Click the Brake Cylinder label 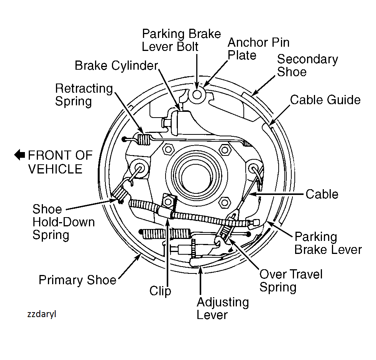coord(116,65)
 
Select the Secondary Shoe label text coord(307,65)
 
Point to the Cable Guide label coord(325,100)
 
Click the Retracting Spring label coord(84,95)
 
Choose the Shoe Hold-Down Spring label coord(63,222)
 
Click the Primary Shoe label coord(77,280)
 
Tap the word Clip coord(160,291)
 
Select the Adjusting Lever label coord(223,308)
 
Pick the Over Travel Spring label coord(291,281)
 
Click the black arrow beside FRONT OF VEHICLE coord(20,155)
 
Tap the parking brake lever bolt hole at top coord(197,94)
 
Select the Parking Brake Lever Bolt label coord(181,40)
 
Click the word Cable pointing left coord(322,194)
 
